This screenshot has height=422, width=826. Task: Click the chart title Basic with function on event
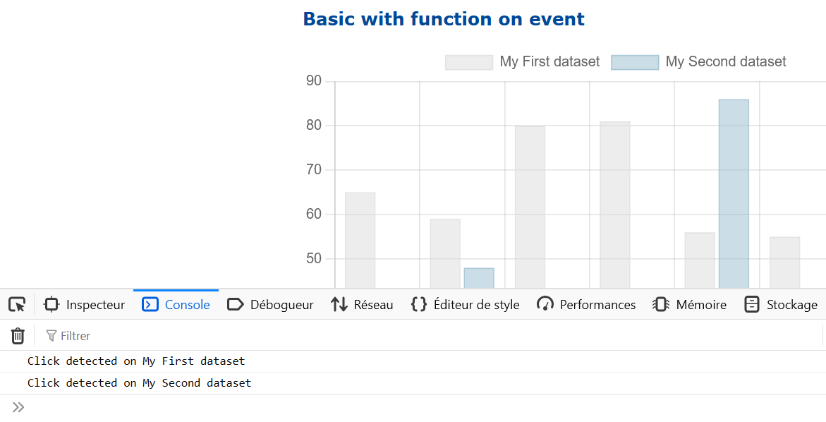(444, 19)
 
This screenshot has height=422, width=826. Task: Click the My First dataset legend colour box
(469, 62)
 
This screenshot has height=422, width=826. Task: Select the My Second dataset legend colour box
(635, 62)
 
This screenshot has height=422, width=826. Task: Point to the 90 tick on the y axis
(313, 81)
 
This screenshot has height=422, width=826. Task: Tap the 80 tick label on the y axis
(313, 126)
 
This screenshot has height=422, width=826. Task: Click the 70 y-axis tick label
(313, 169)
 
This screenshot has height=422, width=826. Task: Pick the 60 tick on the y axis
(313, 215)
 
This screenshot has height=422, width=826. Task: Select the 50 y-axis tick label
(313, 259)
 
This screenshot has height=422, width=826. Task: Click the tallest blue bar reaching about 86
(734, 194)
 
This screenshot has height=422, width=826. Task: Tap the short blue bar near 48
(479, 278)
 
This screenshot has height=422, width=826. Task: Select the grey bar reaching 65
(360, 240)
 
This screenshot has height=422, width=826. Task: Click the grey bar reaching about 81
(615, 205)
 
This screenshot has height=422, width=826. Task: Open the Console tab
(176, 305)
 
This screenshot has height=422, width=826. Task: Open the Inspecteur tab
(84, 305)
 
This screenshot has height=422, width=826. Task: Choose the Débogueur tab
(270, 305)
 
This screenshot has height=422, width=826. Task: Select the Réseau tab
(362, 305)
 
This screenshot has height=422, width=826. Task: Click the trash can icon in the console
(18, 336)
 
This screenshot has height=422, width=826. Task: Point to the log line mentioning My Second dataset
(139, 383)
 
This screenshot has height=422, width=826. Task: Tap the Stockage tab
(781, 305)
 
